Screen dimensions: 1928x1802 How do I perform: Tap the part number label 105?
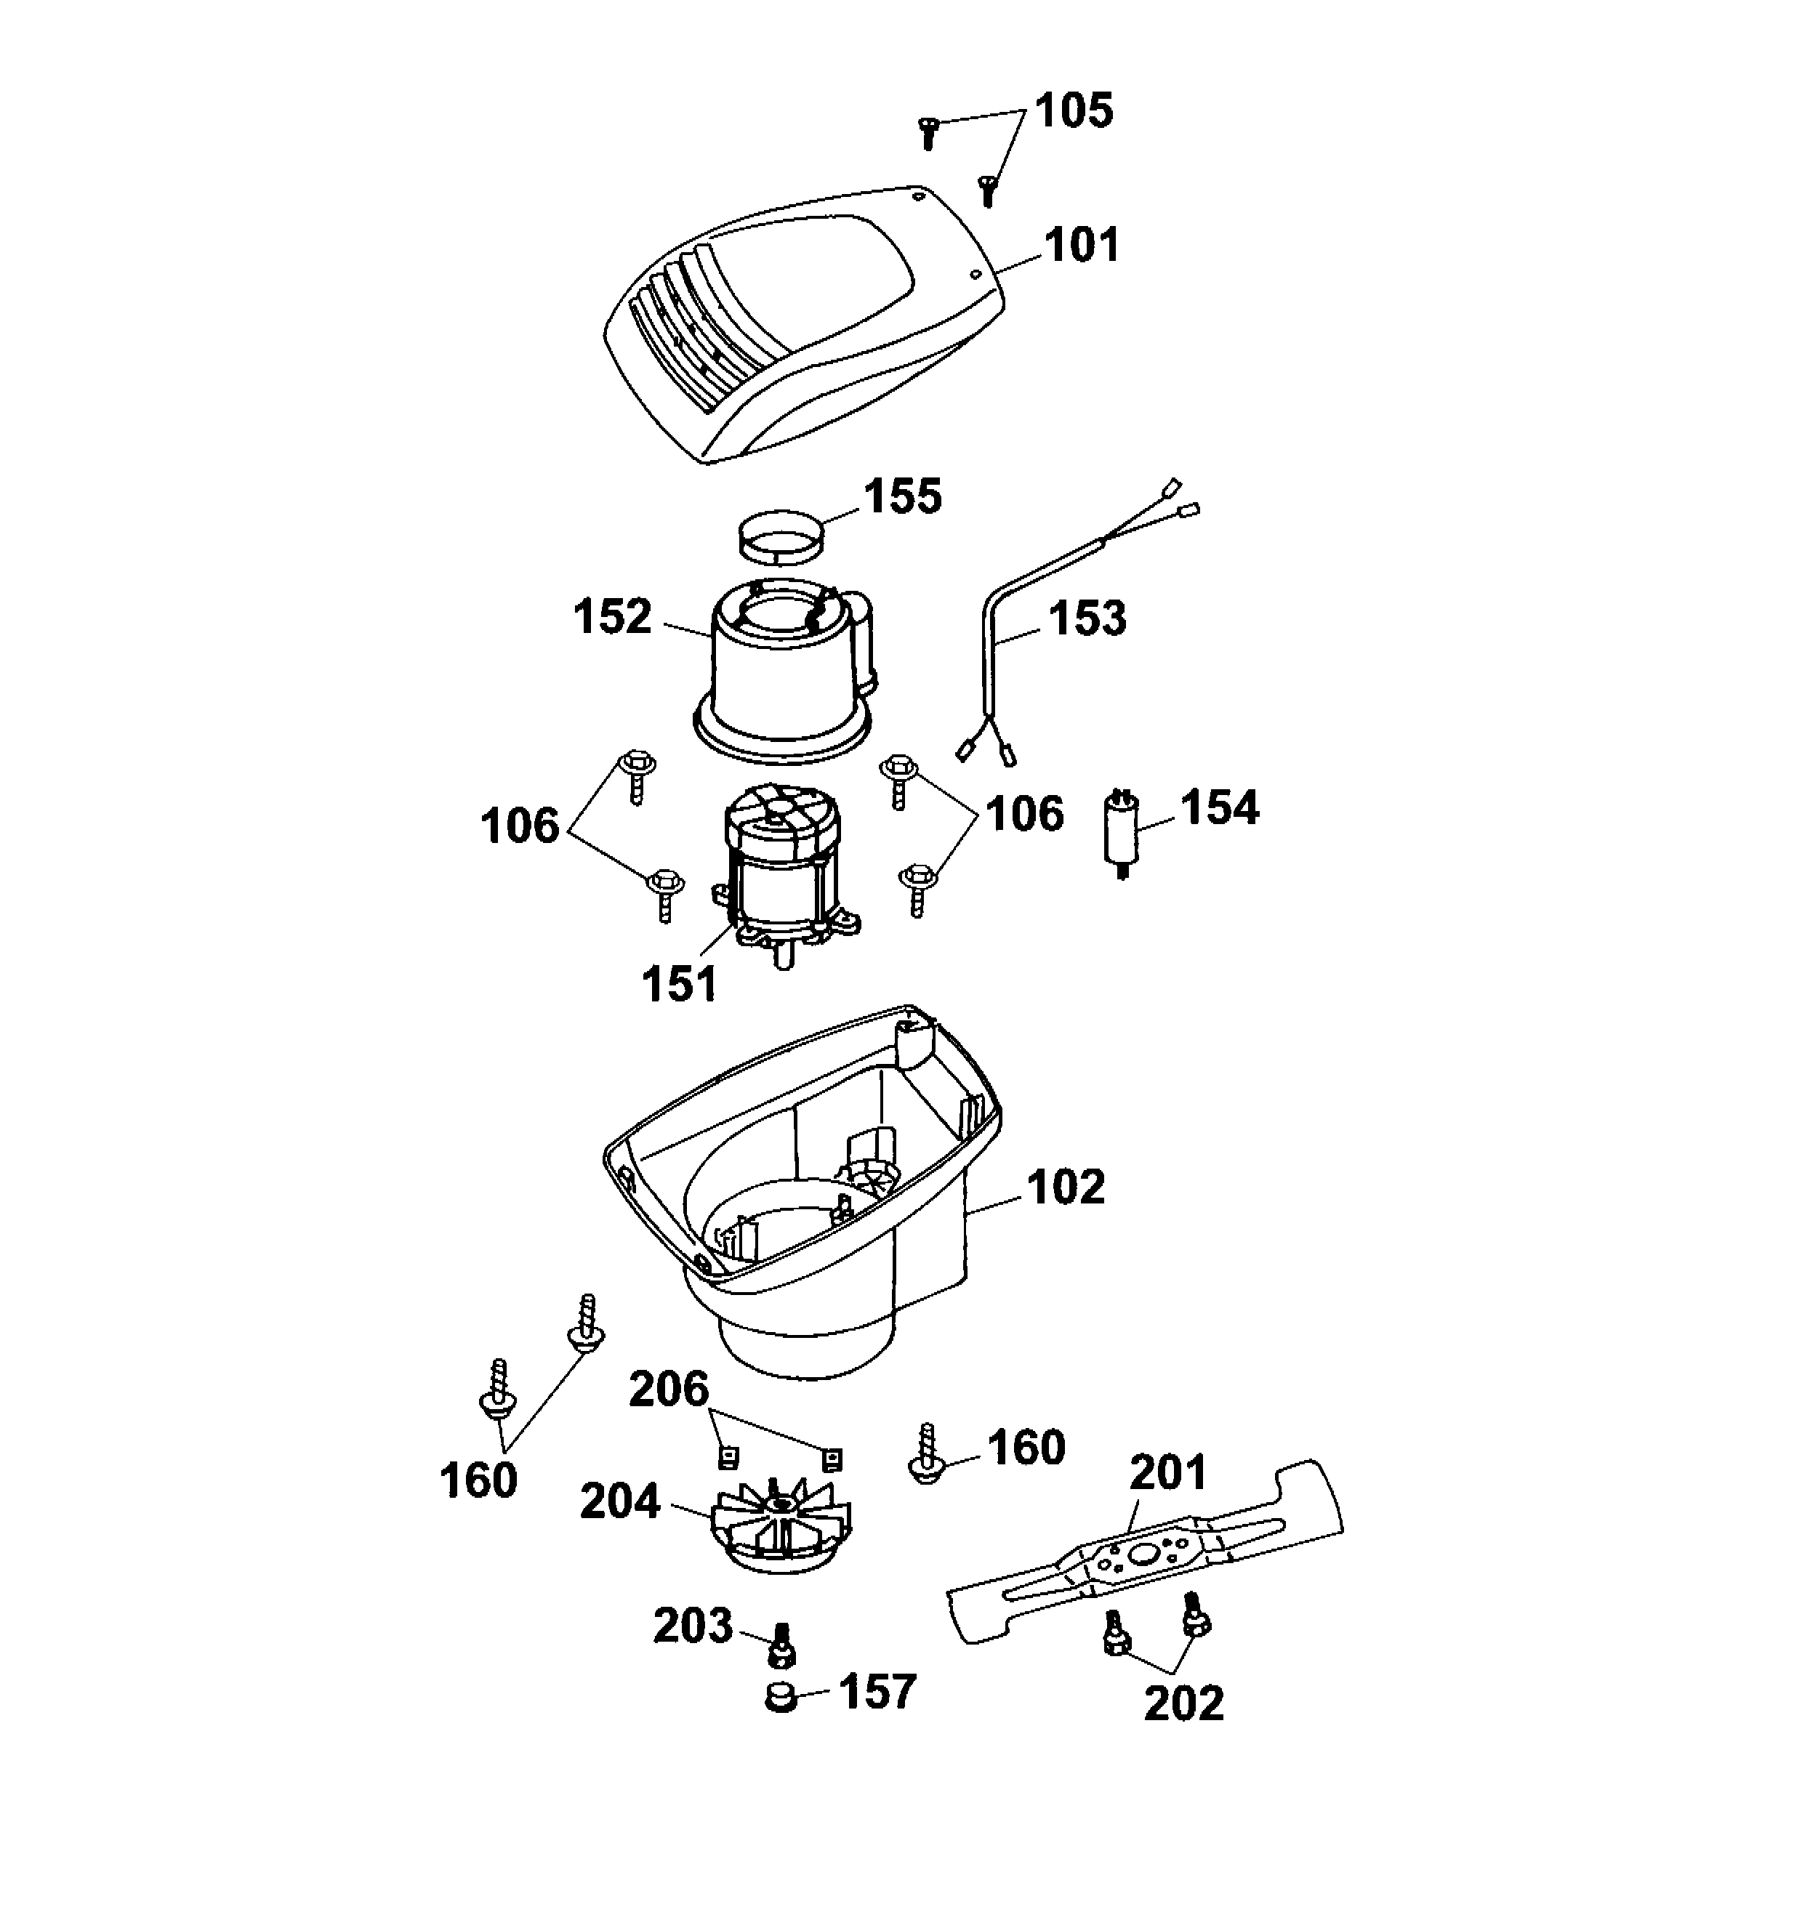[1074, 111]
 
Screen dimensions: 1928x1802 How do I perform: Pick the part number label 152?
[612, 617]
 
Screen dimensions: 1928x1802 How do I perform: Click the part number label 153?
[1087, 618]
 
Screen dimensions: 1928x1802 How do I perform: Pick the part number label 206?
[669, 1389]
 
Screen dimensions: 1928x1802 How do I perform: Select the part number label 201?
[1167, 1472]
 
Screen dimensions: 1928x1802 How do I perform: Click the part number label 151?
[679, 983]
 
